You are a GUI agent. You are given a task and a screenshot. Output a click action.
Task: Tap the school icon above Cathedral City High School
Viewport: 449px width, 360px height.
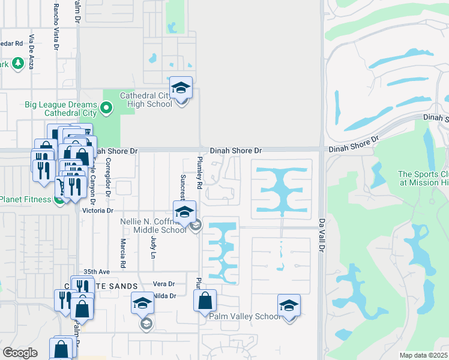[x=181, y=88]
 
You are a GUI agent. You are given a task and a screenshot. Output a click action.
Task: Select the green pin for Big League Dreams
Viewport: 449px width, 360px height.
[x=107, y=109]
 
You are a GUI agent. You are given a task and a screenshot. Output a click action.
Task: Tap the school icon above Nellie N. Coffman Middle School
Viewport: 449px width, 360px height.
[x=184, y=212]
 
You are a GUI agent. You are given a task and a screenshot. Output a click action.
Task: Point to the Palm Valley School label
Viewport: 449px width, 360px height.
[x=243, y=316]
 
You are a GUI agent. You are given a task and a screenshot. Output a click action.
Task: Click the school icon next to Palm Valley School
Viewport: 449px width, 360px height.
[x=289, y=306]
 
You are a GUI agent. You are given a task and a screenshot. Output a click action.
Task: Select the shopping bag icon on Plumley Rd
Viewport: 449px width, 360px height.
[x=205, y=301]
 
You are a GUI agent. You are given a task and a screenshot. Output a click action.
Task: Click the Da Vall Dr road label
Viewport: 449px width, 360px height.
[x=322, y=235]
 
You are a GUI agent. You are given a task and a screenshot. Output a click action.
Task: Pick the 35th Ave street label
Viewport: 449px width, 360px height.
[x=97, y=271]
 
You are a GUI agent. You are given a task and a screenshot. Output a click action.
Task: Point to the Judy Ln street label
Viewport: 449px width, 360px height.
[x=152, y=247]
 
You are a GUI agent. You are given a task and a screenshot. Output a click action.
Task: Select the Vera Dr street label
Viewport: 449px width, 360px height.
[x=163, y=284]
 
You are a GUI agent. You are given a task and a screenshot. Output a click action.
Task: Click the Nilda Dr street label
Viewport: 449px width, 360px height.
[x=164, y=296]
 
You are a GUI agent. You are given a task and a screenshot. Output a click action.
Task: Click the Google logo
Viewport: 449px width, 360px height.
[x=20, y=353]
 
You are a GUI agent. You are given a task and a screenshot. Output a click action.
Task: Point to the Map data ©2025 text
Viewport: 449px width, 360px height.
[x=423, y=355]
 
